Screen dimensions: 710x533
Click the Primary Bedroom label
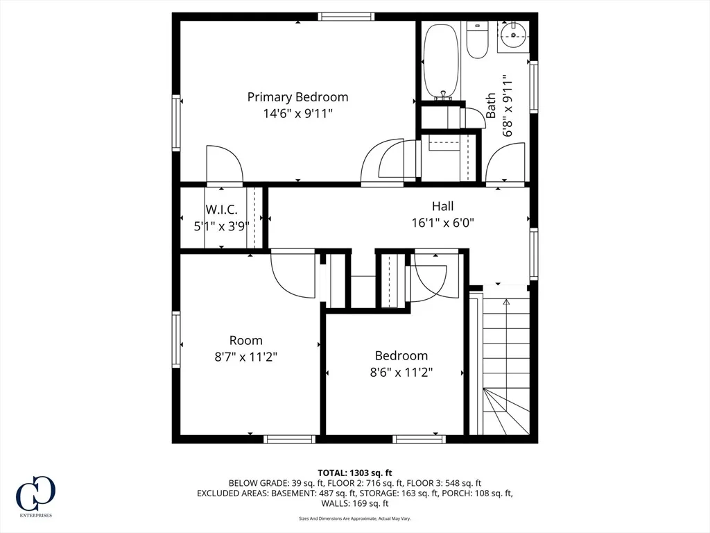297,97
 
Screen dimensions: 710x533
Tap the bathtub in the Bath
441,61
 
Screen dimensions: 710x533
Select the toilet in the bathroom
476,40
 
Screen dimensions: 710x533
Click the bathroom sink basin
513,35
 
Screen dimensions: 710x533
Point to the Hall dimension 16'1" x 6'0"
442,223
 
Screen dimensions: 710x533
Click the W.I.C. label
221,210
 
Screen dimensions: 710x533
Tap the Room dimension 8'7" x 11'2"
245,357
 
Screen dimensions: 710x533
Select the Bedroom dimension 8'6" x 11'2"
401,373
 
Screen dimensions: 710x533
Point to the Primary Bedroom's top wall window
347,17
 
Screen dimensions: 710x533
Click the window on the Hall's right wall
534,253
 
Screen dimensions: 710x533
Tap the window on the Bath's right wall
534,87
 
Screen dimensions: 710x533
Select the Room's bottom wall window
289,439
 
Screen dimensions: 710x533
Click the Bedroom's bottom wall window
419,439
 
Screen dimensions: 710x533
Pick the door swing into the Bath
505,163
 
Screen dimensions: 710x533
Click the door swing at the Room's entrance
293,273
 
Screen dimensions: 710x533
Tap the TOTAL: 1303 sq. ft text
354,473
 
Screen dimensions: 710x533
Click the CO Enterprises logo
35,496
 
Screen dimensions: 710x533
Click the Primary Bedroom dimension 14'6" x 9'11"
298,113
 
